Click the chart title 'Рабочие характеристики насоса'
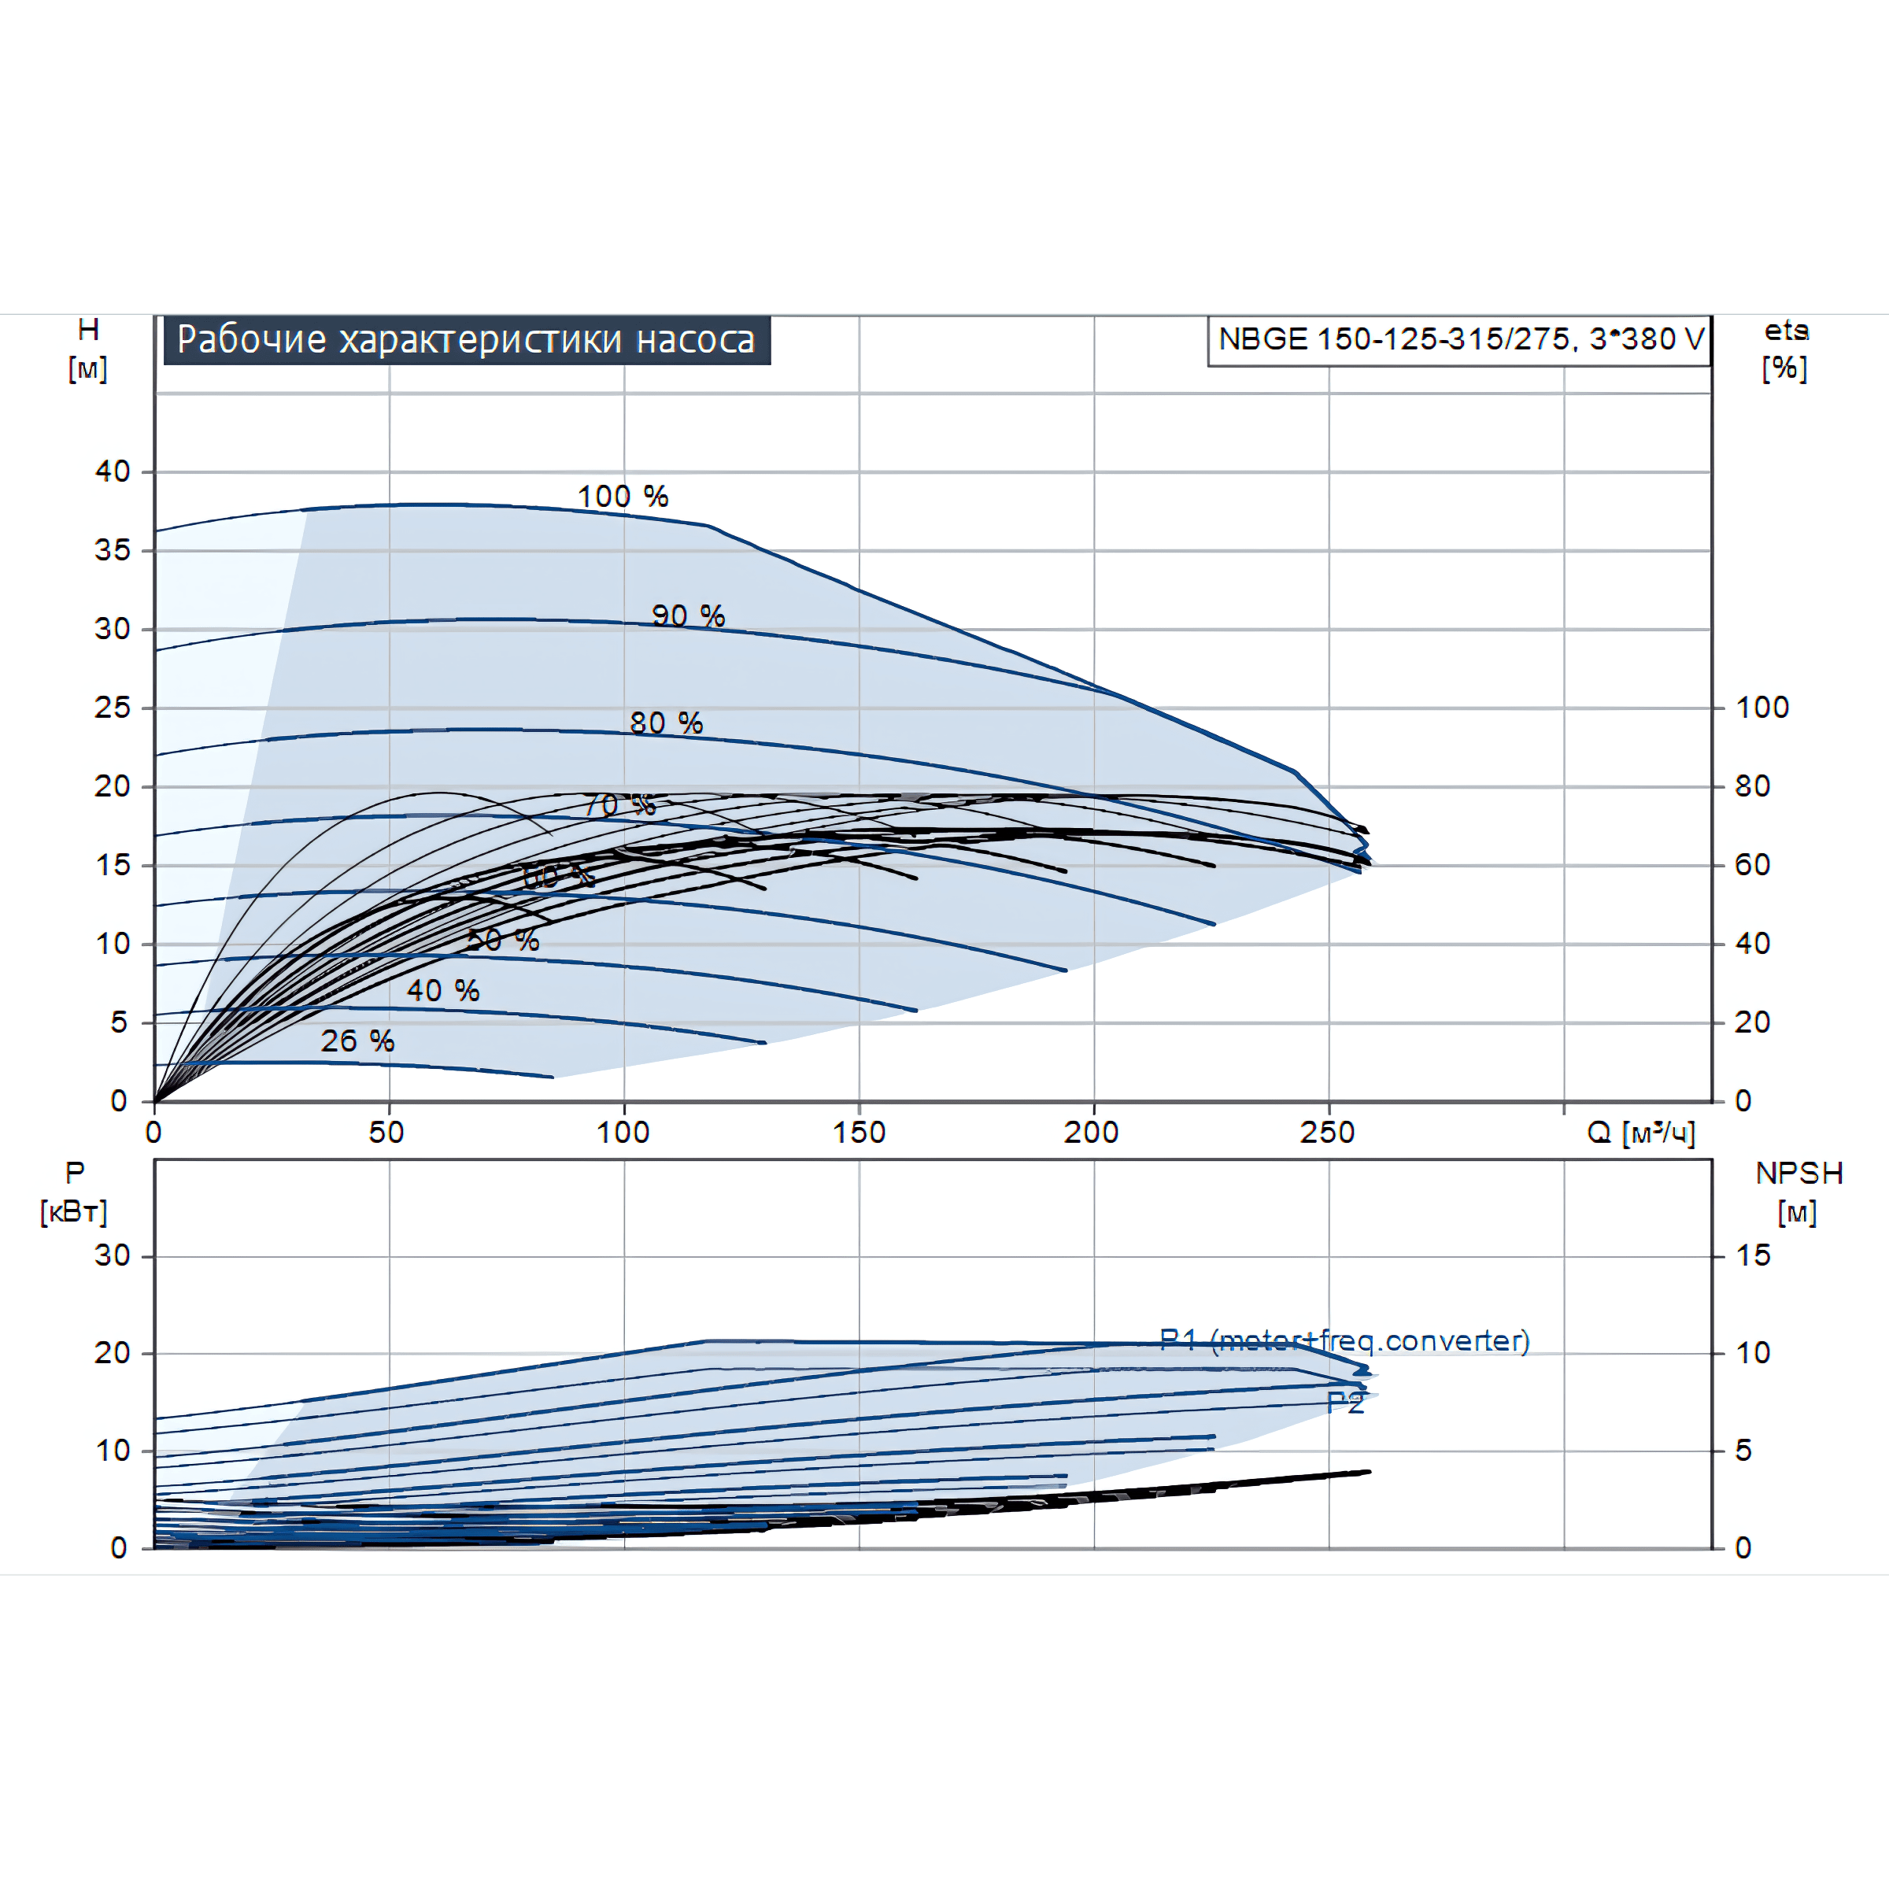pos(467,339)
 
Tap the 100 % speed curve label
pos(623,497)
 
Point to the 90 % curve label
pos(689,616)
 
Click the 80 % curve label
pos(666,723)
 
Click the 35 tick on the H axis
pos(113,550)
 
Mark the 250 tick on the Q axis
pos(1327,1133)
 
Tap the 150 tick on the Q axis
pos(859,1133)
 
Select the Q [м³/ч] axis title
pos(1640,1133)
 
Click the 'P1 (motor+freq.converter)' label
pos(1344,1340)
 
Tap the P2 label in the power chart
pos(1344,1404)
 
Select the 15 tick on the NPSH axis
pos(1753,1255)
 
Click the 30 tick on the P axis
pos(113,1255)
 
